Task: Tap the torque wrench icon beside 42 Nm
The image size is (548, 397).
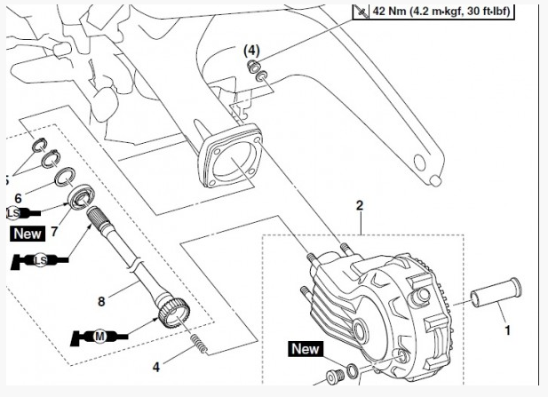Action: pyautogui.click(x=361, y=12)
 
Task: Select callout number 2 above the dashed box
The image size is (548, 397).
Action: pyautogui.click(x=360, y=206)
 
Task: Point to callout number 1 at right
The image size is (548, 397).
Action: pyautogui.click(x=507, y=330)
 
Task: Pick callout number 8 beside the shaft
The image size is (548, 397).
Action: pyautogui.click(x=101, y=302)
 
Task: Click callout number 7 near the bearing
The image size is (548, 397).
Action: pyautogui.click(x=53, y=232)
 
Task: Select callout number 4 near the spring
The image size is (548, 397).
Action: pyautogui.click(x=157, y=364)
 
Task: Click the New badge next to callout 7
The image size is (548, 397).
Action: pyautogui.click(x=27, y=233)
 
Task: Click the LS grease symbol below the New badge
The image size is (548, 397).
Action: pyautogui.click(x=39, y=260)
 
